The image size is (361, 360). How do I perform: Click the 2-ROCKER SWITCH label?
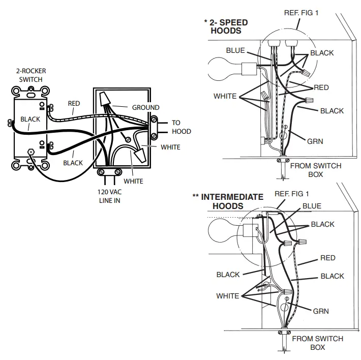click(31, 76)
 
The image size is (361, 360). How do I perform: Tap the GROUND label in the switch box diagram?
click(145, 107)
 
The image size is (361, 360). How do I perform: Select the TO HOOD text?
click(180, 127)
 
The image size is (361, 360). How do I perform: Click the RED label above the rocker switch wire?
click(74, 103)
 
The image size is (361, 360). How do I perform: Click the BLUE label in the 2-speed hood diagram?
click(235, 50)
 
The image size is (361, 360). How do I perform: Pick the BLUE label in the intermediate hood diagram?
click(311, 206)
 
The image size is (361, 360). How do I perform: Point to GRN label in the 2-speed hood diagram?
click(315, 141)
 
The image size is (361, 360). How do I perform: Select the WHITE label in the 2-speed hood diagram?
click(225, 96)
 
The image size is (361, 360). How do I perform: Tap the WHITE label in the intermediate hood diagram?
click(227, 296)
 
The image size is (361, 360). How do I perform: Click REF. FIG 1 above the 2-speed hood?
click(300, 12)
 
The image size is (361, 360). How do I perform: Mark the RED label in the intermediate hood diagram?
click(327, 258)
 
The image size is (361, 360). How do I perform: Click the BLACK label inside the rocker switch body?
click(30, 119)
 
